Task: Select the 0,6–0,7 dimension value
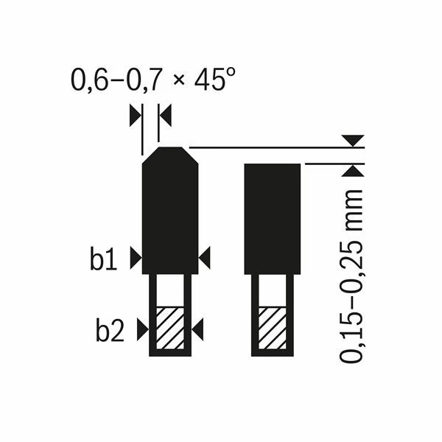(x=110, y=80)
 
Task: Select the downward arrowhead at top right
(x=353, y=140)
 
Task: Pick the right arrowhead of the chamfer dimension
(x=165, y=114)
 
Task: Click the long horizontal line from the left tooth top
(x=265, y=148)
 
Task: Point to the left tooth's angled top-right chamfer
(x=189, y=155)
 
